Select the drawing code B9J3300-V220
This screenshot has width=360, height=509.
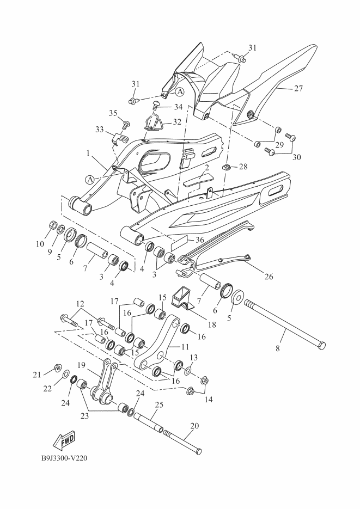(x=65, y=458)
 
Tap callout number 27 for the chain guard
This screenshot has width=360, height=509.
(x=298, y=88)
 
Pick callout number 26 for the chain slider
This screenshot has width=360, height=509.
(x=268, y=275)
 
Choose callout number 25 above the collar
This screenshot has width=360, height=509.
(x=159, y=405)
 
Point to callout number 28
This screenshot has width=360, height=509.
(x=243, y=165)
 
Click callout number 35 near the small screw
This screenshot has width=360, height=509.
(x=113, y=113)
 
